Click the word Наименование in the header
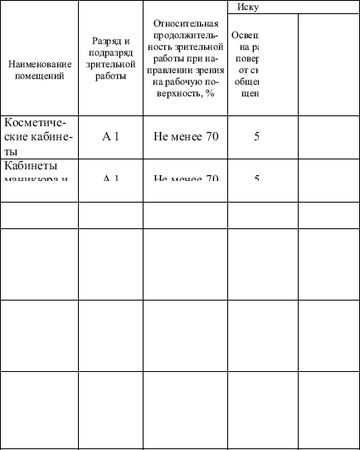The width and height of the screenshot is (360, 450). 39,64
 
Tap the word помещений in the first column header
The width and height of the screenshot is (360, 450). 39,75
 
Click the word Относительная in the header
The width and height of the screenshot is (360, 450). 184,22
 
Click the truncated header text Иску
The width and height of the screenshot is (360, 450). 249,6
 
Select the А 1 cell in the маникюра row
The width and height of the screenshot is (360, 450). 111,179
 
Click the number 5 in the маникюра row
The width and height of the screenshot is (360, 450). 257,179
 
